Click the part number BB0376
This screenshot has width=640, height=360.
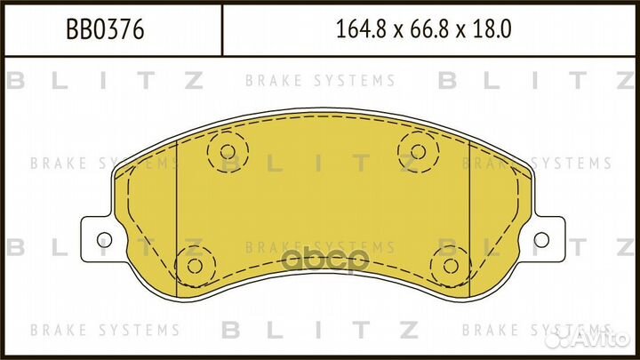(106, 30)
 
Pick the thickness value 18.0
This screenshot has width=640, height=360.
(496, 30)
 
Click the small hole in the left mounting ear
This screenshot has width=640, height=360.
(103, 239)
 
